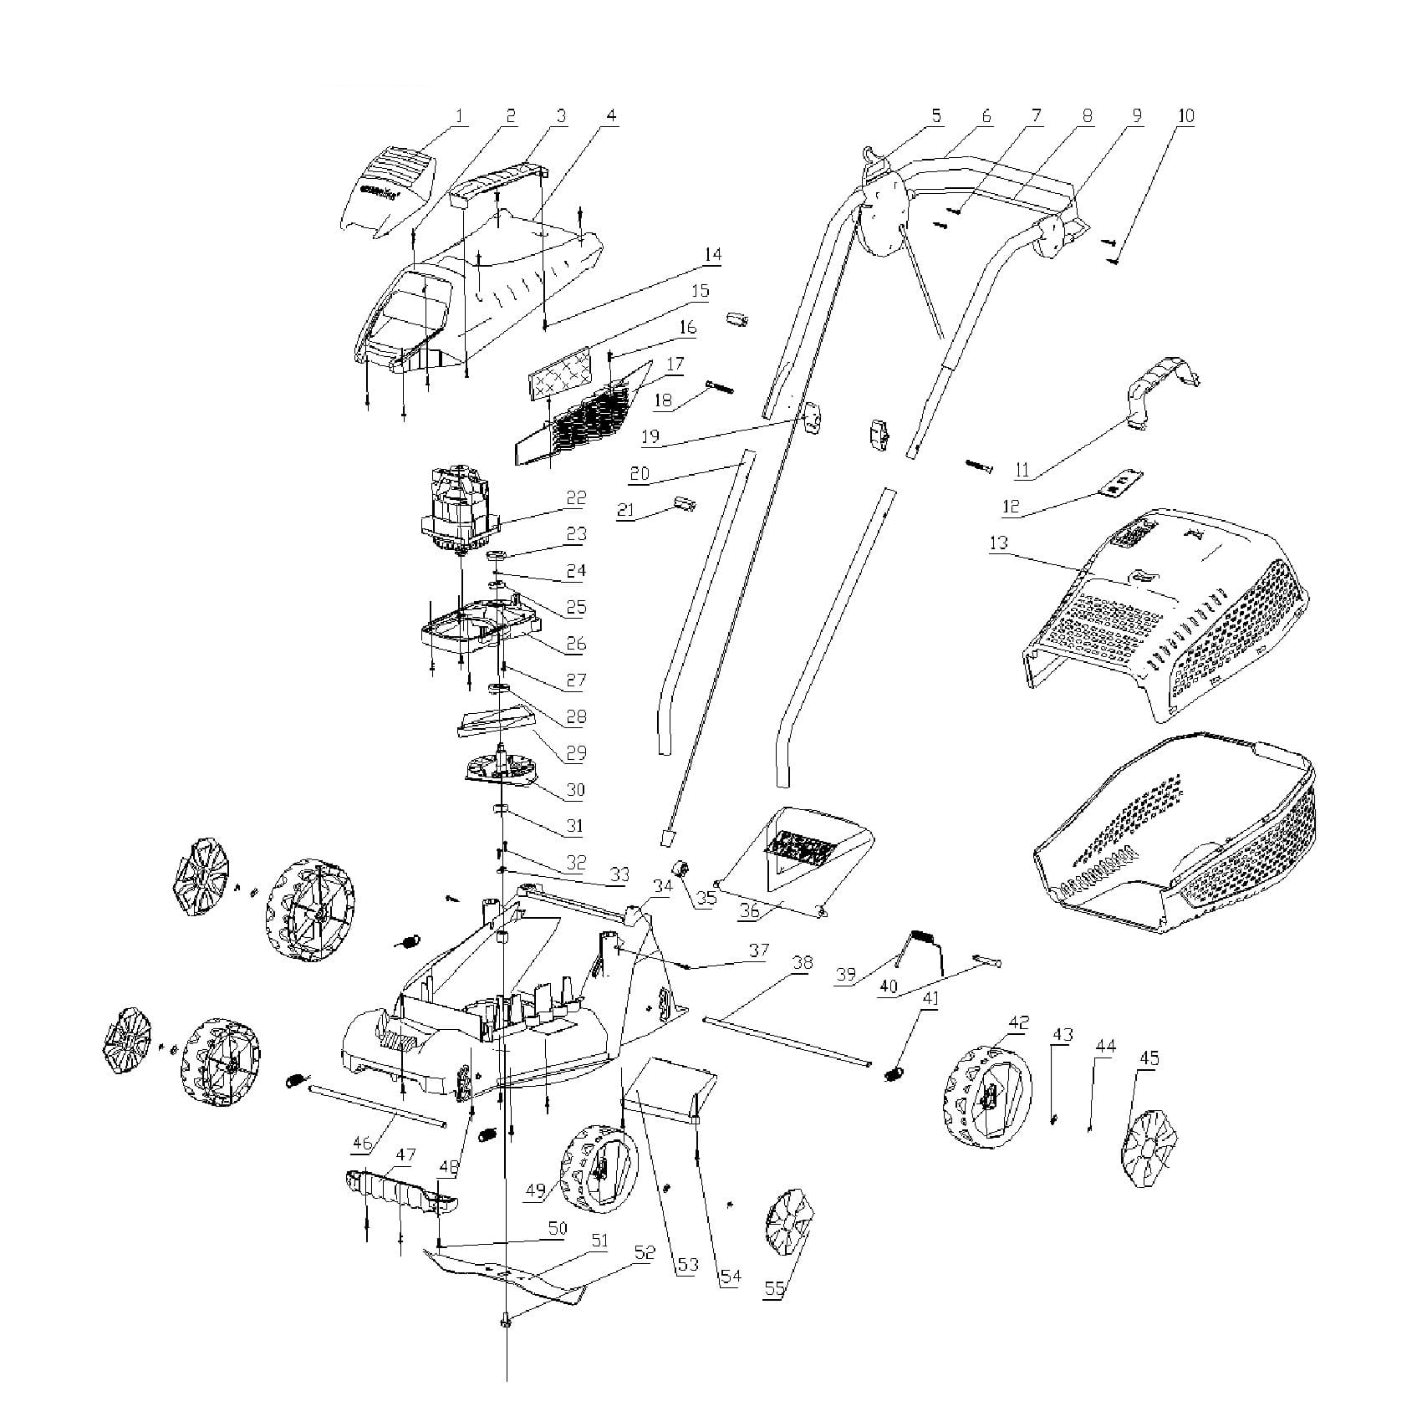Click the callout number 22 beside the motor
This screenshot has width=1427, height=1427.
(576, 498)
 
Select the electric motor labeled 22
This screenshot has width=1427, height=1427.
(459, 510)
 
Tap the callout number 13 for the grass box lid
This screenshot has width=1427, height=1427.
(998, 543)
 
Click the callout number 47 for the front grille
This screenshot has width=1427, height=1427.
(405, 1156)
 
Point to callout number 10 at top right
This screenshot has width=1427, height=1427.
(1186, 117)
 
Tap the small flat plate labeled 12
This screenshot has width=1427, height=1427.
(1122, 483)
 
